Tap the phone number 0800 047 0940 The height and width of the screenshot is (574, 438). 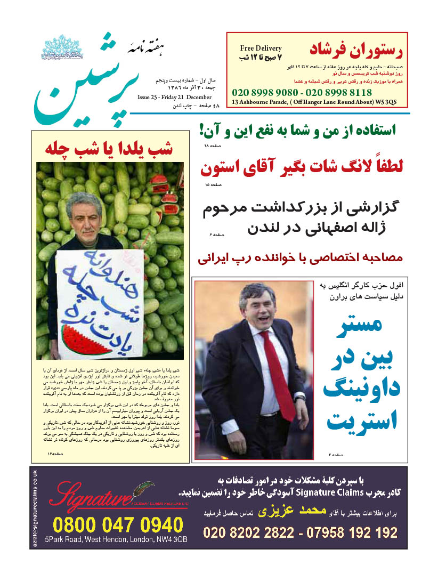pyautogui.click(x=117, y=525)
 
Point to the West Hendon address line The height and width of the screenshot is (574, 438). pyautogui.click(x=116, y=539)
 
